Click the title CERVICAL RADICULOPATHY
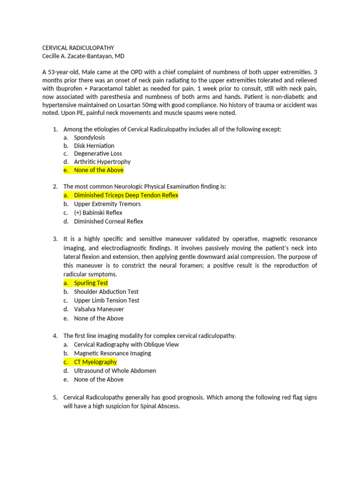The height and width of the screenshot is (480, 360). pos(78,48)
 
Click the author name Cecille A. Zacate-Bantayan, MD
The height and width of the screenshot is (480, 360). pos(87,56)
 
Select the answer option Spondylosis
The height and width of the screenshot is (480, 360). pos(90,137)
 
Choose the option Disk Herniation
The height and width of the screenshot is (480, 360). pos(94,146)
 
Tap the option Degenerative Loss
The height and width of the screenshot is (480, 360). pos(98,154)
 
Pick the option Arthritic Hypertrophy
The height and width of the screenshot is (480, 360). pos(102,162)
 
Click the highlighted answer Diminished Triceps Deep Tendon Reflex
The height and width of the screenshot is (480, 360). pos(126,195)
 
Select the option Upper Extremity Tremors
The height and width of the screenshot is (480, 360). pos(107,204)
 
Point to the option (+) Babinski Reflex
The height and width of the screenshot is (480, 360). pos(98,213)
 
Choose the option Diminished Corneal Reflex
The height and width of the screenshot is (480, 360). pos(108,221)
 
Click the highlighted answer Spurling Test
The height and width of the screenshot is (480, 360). pos(91,283)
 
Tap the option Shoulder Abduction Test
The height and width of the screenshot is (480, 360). pos(106,292)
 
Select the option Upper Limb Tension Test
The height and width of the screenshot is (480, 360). pos(106,300)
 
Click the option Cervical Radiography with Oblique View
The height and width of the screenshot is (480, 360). pos(126,345)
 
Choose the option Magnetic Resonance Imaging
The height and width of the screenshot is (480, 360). pos(112,353)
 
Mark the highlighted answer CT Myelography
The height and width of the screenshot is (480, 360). pos(95,362)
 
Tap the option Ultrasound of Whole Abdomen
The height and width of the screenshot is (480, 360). pos(115,371)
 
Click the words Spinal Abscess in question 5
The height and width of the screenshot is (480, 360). pos(161,406)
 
